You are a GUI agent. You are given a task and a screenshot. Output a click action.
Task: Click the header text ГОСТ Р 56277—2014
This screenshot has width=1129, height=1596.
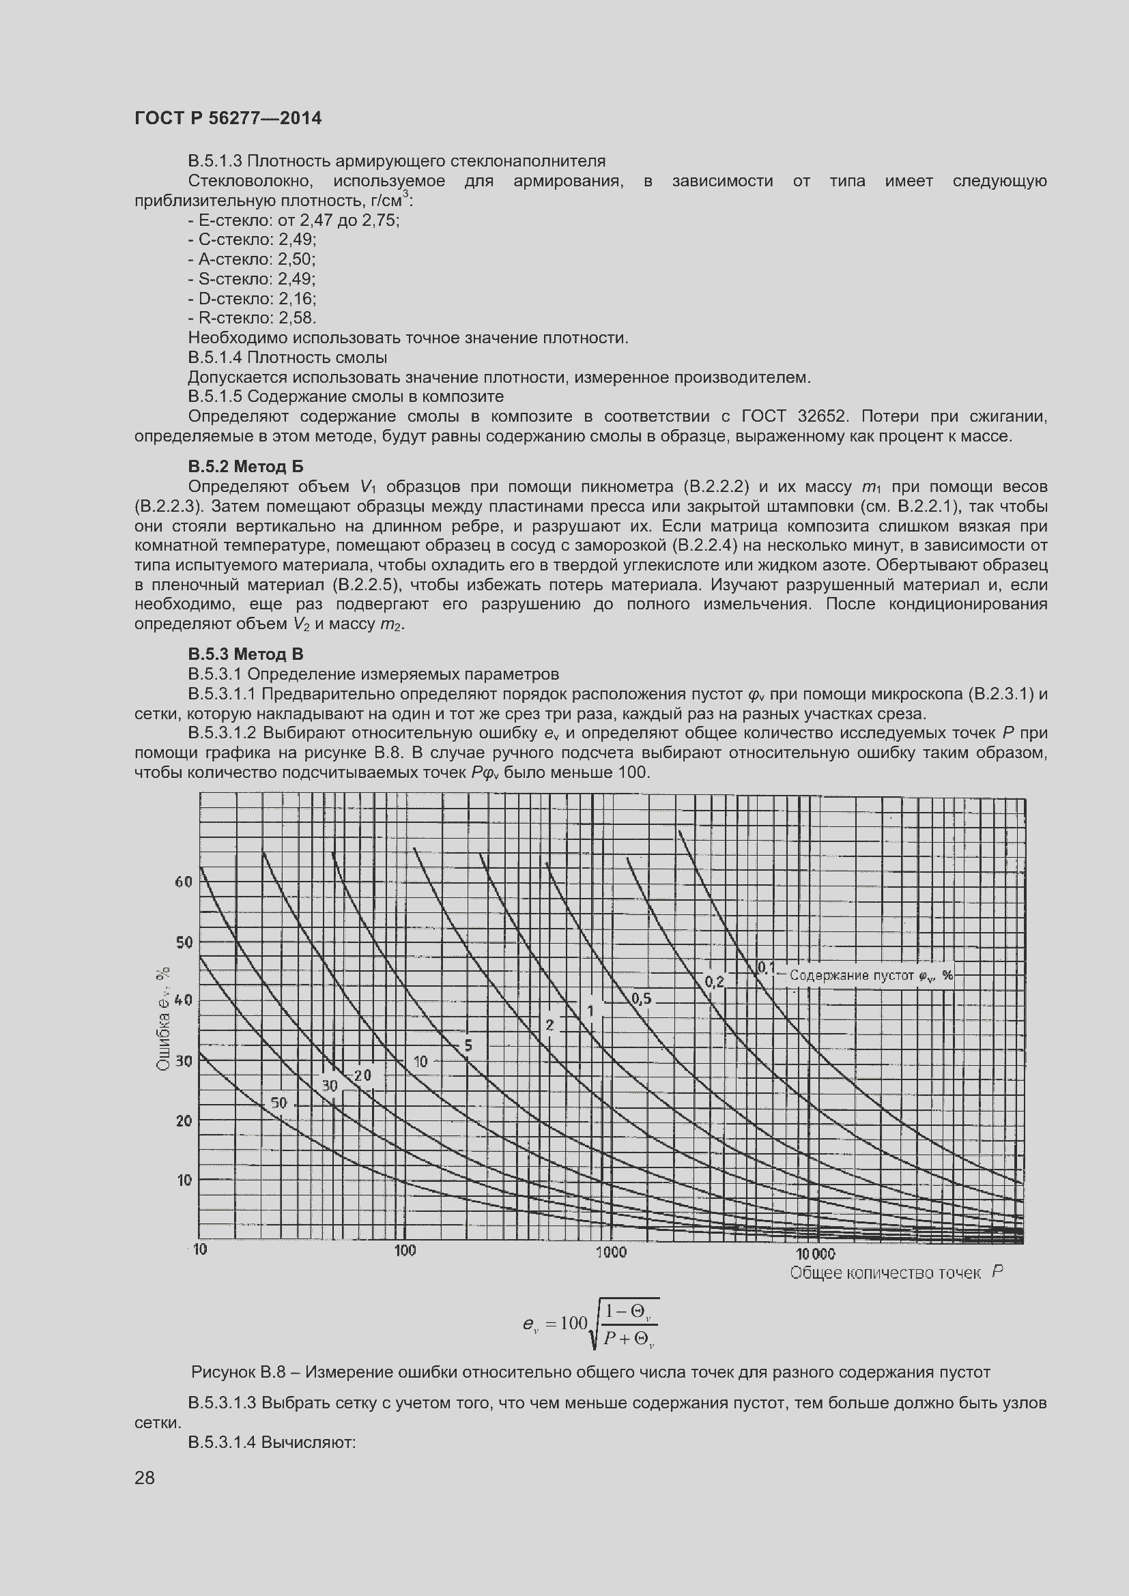pyautogui.click(x=227, y=118)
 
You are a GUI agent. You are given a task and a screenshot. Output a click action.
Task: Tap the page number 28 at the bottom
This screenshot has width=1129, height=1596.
pyautogui.click(x=145, y=1478)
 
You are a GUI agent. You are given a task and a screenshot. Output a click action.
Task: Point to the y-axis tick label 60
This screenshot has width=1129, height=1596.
pyautogui.click(x=183, y=882)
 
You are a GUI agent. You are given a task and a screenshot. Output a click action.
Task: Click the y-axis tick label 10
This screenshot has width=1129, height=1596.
pyautogui.click(x=184, y=1180)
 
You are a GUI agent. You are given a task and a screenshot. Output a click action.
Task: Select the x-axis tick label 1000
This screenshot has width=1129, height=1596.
pyautogui.click(x=610, y=1252)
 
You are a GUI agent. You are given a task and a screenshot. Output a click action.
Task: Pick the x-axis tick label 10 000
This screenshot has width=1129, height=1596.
pyautogui.click(x=815, y=1253)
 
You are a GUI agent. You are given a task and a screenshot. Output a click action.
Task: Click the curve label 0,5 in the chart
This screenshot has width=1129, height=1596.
pyautogui.click(x=641, y=999)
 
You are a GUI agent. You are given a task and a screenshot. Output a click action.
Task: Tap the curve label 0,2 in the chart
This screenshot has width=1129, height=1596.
pyautogui.click(x=714, y=981)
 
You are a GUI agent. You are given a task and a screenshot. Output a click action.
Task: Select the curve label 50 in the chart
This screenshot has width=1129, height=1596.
pyautogui.click(x=278, y=1103)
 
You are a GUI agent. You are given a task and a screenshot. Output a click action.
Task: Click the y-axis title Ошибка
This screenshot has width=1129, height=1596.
pyautogui.click(x=163, y=1043)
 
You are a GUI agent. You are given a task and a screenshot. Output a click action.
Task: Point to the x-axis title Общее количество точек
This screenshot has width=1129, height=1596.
pyautogui.click(x=885, y=1273)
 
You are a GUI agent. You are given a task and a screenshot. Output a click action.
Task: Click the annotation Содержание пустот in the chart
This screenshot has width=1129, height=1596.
pyautogui.click(x=850, y=975)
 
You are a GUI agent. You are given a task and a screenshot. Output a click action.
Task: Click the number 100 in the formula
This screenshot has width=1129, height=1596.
pyautogui.click(x=573, y=1323)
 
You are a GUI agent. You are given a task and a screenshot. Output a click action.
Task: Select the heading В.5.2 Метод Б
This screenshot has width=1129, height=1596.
pyautogui.click(x=246, y=467)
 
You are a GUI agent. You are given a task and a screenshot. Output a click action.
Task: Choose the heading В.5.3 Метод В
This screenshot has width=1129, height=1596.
pyautogui.click(x=246, y=654)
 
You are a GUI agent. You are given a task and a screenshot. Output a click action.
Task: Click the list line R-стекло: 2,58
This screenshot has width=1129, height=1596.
pyautogui.click(x=252, y=319)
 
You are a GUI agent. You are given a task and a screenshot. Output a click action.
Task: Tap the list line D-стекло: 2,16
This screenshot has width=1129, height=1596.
pyautogui.click(x=252, y=299)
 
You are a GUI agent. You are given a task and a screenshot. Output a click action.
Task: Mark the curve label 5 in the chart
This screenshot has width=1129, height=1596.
pyautogui.click(x=468, y=1045)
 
